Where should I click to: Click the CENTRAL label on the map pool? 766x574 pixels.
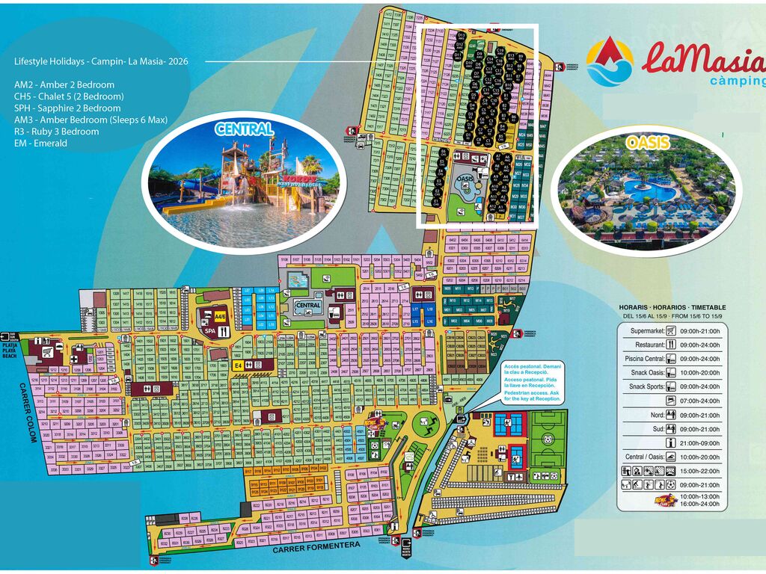(308, 305)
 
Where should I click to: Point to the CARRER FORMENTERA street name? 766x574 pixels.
(316, 547)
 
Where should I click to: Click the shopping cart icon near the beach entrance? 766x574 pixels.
(49, 351)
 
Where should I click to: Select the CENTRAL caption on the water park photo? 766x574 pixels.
(244, 129)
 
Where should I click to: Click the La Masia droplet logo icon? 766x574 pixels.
(609, 61)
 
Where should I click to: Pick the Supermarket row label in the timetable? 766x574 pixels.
(647, 331)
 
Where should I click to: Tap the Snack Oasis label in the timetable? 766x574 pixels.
(648, 372)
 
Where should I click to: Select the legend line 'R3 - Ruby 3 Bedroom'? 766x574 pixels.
(56, 132)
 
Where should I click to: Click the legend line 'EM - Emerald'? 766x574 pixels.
(40, 143)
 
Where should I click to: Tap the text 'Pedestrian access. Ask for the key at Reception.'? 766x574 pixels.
(533, 396)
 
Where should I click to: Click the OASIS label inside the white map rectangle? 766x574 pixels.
(465, 179)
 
